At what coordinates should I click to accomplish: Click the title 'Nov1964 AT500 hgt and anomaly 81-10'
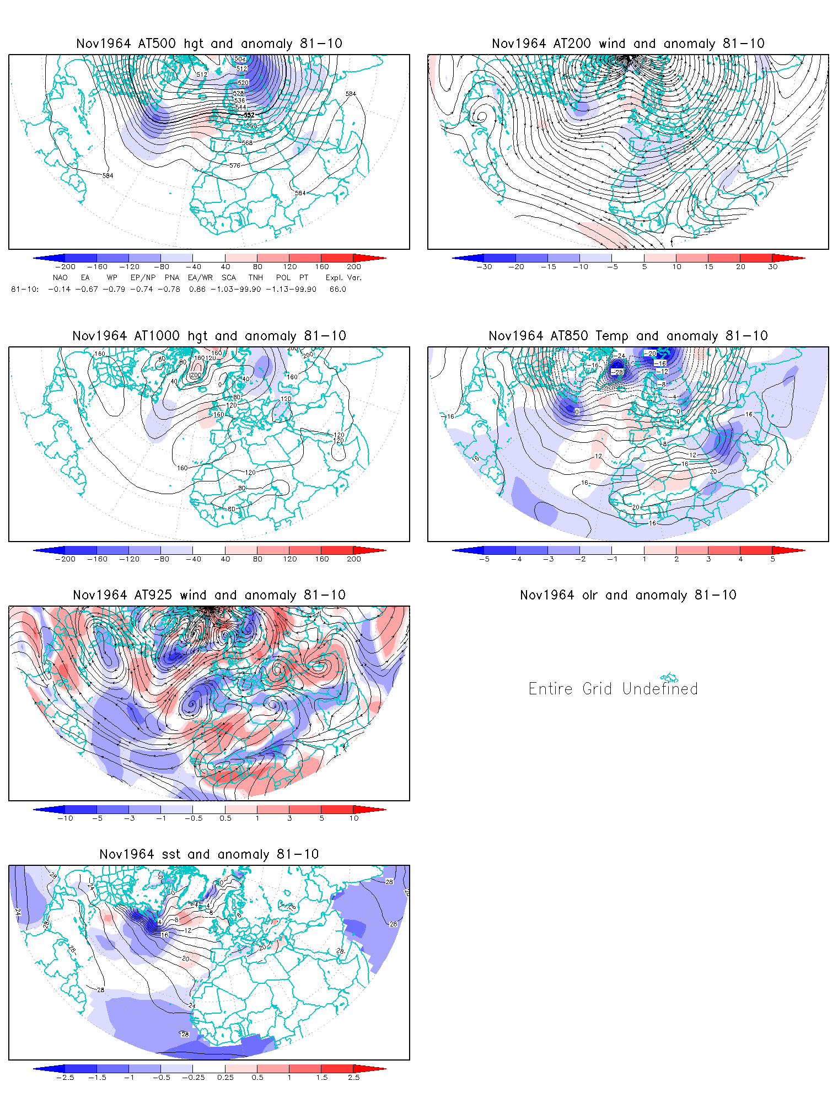209,44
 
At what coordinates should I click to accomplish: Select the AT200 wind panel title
628,44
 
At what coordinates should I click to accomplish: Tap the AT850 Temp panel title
628,336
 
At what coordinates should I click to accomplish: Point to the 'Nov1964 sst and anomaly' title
209,854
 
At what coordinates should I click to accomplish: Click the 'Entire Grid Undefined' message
613,689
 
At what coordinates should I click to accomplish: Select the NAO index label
60,278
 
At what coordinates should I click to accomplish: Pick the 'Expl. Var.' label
343,278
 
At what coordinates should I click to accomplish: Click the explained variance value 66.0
338,289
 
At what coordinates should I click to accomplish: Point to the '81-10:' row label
25,289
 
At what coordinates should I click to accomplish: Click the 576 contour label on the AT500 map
235,165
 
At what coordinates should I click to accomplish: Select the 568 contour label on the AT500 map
247,143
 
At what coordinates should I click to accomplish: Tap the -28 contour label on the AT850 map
618,372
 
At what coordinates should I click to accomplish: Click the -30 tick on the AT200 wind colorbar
485,267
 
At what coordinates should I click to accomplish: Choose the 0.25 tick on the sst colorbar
225,1078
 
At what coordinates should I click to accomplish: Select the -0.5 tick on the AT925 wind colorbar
193,818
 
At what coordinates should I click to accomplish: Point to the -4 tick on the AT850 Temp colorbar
516,559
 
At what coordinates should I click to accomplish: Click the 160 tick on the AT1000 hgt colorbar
322,559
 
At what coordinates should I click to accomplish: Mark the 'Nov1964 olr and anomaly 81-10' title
628,595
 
